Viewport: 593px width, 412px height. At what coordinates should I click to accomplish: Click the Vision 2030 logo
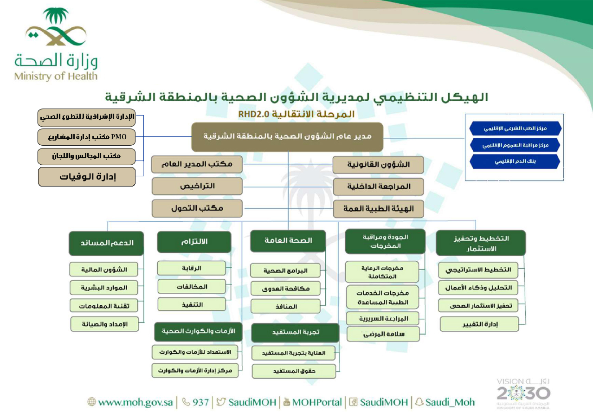[523, 392]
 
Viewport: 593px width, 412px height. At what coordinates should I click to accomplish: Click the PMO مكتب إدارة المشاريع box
[86, 137]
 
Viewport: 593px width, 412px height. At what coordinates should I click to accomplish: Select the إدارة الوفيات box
[86, 177]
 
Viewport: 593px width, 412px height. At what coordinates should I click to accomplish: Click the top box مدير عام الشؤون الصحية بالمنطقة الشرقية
[287, 137]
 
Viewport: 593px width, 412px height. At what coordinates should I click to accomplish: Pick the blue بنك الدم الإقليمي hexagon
[515, 162]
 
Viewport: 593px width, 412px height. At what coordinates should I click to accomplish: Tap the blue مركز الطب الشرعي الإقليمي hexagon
[515, 128]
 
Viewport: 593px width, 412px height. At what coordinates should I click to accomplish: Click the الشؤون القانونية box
[378, 165]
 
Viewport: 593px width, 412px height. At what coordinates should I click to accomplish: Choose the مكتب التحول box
[197, 208]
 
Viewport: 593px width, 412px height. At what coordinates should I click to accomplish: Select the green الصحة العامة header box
[288, 240]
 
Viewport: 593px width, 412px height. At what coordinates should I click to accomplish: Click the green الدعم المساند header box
[106, 243]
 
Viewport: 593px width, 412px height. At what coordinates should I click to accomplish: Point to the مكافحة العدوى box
[286, 288]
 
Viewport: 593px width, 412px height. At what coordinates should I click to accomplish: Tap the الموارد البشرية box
[104, 288]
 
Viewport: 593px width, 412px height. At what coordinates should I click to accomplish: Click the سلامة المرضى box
[382, 334]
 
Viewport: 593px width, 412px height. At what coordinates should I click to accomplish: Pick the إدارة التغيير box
[478, 324]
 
